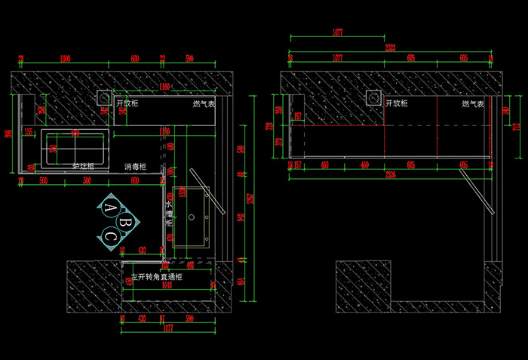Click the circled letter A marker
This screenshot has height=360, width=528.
pyautogui.click(x=110, y=207)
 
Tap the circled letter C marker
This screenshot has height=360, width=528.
pyautogui.click(x=110, y=236)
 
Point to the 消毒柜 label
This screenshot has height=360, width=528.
pyautogui.click(x=135, y=166)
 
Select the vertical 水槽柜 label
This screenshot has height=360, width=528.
pyautogui.click(x=169, y=214)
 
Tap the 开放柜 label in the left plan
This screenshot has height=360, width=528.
pyautogui.click(x=127, y=103)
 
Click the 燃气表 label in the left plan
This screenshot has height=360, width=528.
pyautogui.click(x=204, y=103)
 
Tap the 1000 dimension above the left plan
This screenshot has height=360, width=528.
pyautogui.click(x=65, y=58)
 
